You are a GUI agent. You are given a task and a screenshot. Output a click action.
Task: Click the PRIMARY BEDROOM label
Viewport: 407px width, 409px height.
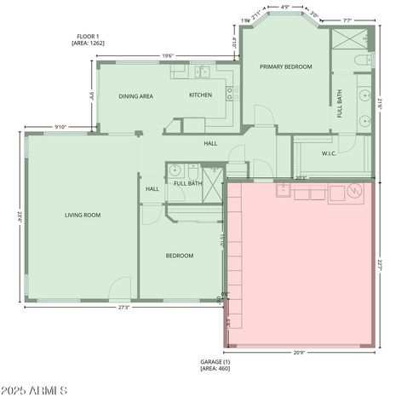coord(285,66)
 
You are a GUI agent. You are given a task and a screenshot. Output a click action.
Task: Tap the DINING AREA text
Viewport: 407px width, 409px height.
coord(135,96)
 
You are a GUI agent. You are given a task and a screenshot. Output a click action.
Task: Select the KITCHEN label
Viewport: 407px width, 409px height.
coord(200,95)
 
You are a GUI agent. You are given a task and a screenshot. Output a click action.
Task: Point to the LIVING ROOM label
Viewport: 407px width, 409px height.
coord(83,215)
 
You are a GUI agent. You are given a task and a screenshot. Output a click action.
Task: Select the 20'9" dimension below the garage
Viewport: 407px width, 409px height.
coord(299,352)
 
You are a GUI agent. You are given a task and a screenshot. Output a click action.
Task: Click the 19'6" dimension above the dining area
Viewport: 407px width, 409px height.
coord(169,56)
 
